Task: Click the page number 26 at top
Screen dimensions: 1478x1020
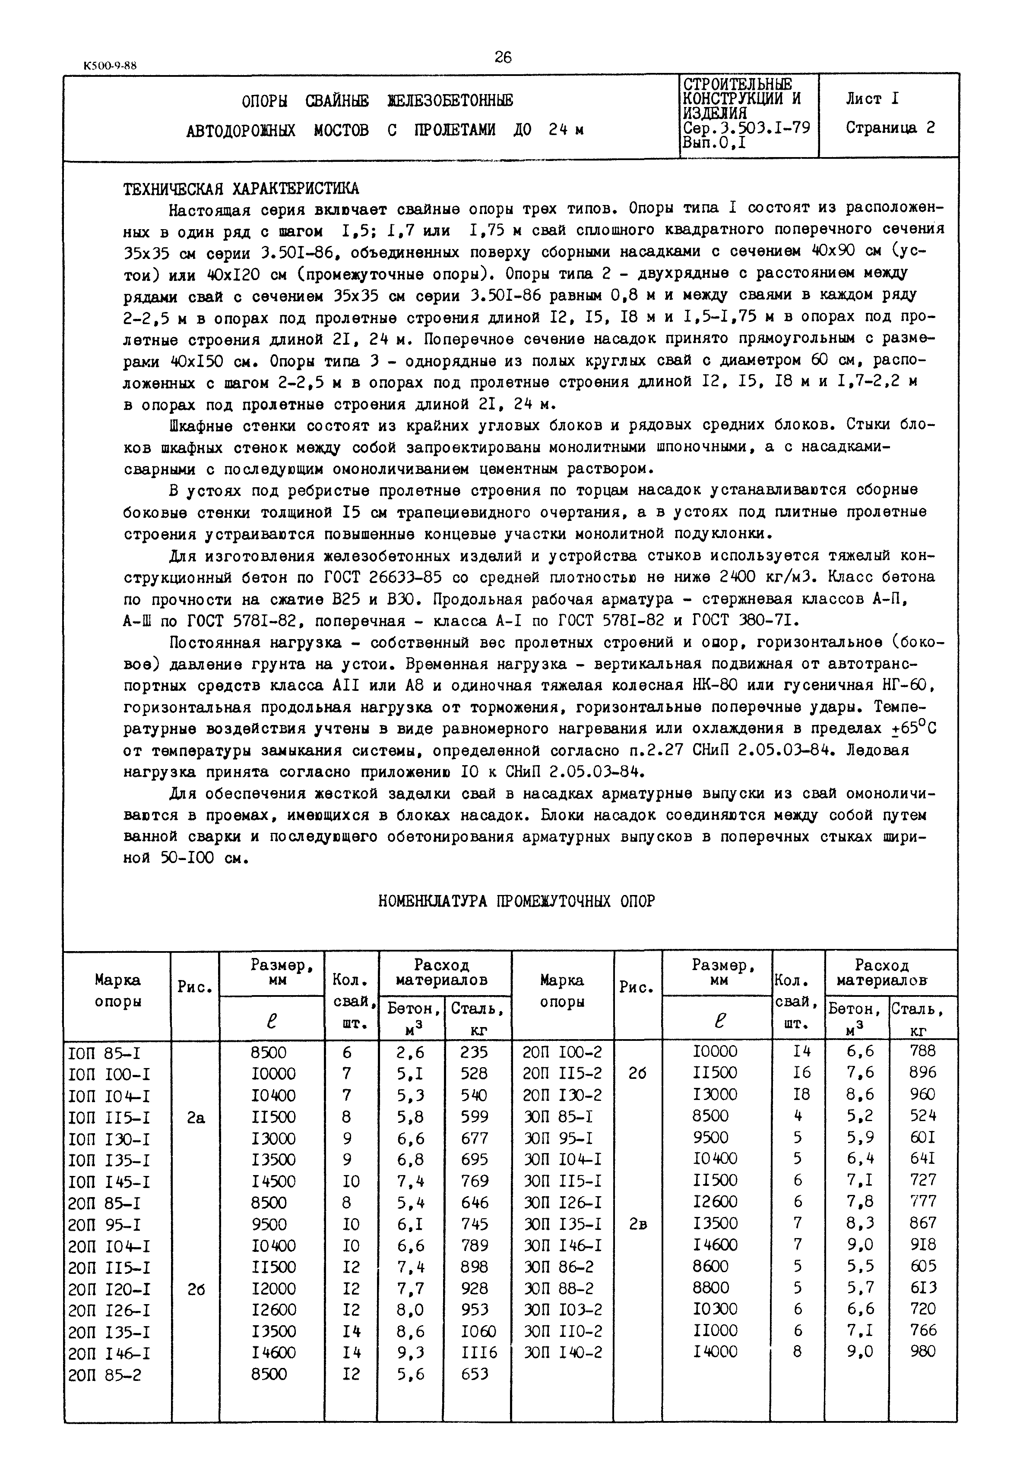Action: pyautogui.click(x=503, y=57)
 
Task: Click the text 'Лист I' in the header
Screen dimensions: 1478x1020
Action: pyautogui.click(x=872, y=99)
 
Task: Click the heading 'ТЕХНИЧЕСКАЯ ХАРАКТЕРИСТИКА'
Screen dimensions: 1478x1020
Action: pyautogui.click(x=241, y=189)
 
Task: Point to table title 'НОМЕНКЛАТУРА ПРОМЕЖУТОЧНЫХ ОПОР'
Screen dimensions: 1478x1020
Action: pyautogui.click(x=516, y=901)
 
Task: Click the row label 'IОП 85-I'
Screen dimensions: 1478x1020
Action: pyautogui.click(x=109, y=1052)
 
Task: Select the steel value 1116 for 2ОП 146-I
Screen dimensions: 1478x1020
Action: pyautogui.click(x=478, y=1352)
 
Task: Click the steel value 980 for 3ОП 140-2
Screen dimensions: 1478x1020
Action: pyautogui.click(x=922, y=1351)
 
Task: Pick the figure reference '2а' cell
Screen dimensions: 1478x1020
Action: pyautogui.click(x=196, y=1118)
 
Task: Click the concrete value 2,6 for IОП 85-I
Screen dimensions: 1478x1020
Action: pyautogui.click(x=410, y=1052)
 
